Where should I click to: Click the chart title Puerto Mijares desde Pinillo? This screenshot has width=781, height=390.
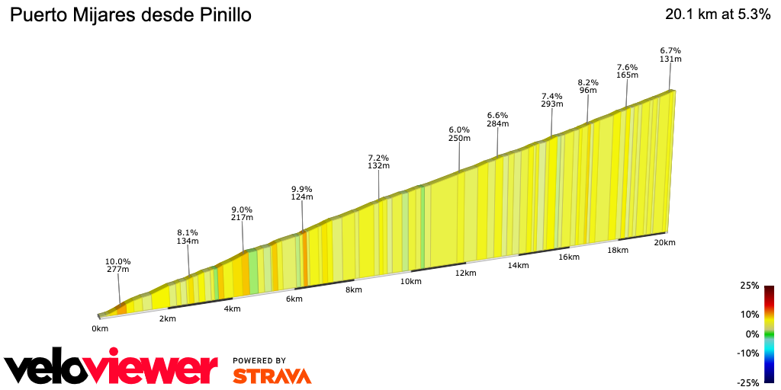tap(130, 15)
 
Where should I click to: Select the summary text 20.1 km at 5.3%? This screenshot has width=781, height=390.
tap(717, 15)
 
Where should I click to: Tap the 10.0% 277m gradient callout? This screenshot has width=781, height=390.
tap(117, 265)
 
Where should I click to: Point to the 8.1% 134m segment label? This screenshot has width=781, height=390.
tap(188, 237)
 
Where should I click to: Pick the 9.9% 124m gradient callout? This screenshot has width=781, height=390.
tap(302, 193)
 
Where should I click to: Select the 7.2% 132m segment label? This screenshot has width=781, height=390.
tap(379, 161)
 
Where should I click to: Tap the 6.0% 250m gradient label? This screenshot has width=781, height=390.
tap(459, 134)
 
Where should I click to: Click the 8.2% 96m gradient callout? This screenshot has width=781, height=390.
tap(588, 86)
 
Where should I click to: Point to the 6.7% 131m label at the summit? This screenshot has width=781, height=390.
tap(670, 55)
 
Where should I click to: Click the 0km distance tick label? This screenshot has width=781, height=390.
tap(100, 328)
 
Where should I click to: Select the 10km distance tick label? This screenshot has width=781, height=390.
tap(410, 282)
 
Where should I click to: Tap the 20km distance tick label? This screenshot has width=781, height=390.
tap(665, 243)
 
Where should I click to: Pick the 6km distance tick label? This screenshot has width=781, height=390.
tap(294, 299)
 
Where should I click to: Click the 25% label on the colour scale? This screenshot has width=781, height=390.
tap(749, 286)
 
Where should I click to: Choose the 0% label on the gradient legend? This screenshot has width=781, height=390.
tap(752, 334)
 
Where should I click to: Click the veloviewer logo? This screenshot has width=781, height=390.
tap(111, 368)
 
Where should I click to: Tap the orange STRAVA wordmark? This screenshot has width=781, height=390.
tap(272, 376)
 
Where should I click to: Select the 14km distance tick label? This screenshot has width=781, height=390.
tap(518, 265)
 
